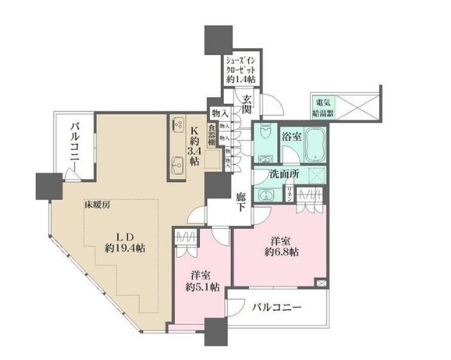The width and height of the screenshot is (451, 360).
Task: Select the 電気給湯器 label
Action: pos(321,107)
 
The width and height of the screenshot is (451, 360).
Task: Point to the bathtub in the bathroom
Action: pos(314,146)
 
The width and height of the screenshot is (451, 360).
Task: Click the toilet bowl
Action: pos(265,135)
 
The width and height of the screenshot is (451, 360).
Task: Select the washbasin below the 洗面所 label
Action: pos(267,193)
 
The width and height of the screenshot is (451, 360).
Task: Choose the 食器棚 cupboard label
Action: pos(212,136)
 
